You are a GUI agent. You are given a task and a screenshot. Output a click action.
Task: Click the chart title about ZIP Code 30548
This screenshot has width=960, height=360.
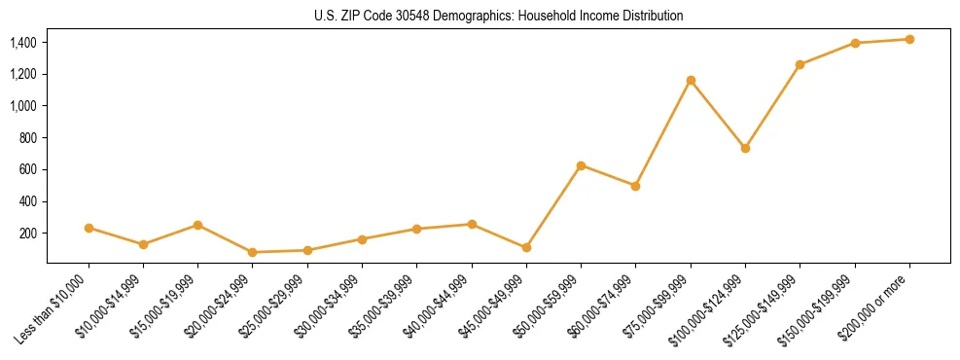click(x=499, y=17)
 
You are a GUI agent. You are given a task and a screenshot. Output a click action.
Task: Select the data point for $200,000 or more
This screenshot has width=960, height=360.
click(x=909, y=39)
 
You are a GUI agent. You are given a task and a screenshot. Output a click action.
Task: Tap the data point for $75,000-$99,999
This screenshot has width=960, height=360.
click(x=691, y=80)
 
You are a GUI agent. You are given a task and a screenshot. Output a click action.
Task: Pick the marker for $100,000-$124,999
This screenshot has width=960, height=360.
click(x=745, y=148)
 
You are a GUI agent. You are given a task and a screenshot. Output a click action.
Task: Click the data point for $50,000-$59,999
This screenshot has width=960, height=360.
click(x=581, y=165)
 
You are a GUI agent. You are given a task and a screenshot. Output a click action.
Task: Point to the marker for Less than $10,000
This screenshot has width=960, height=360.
click(x=89, y=228)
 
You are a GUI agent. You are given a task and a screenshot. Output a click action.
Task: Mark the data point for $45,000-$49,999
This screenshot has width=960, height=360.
click(x=526, y=247)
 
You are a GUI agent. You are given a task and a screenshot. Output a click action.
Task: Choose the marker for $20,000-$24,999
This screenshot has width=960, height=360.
click(x=253, y=252)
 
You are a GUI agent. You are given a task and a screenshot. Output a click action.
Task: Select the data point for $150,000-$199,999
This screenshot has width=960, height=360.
click(x=855, y=43)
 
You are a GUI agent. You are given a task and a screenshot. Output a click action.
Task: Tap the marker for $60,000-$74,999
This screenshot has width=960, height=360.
click(x=635, y=186)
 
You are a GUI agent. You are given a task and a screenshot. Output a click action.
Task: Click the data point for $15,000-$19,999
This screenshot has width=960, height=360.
click(x=197, y=225)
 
